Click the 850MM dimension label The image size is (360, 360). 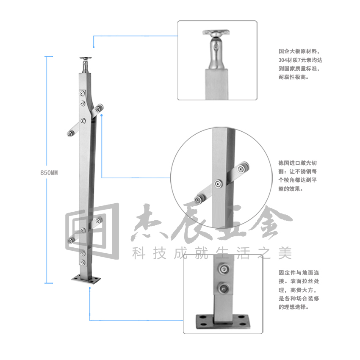pos(49,173)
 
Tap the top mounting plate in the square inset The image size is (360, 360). pos(216,32)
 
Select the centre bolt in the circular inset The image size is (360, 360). pos(219,184)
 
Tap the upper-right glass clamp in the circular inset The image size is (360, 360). pos(242,168)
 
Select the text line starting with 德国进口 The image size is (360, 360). pos(298,163)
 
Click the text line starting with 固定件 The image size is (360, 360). pos(299,273)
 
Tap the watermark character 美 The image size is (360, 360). pos(285,253)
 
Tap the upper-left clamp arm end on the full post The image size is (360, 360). pos(70,133)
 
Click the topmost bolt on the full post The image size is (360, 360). pos(82,94)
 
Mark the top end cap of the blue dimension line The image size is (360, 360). pos(49,56)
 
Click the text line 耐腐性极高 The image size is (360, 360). pos(294,77)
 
